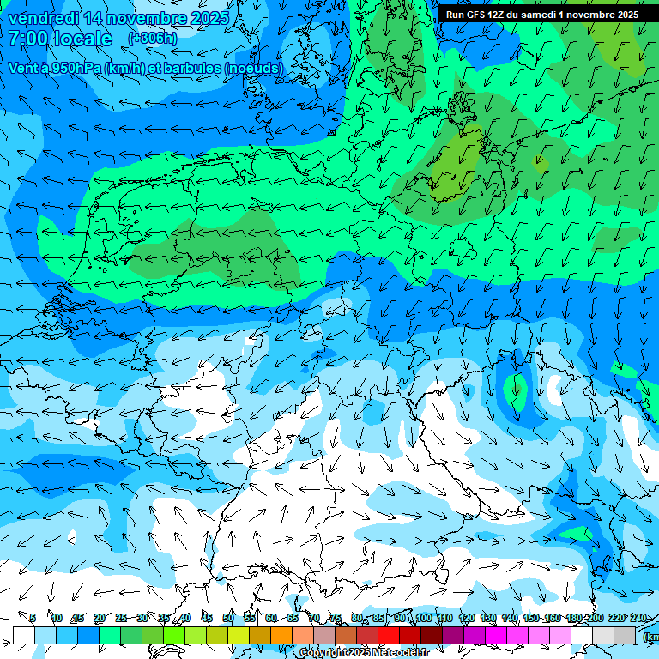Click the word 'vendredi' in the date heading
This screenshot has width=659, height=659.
coord(43,18)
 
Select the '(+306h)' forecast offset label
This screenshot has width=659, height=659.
coord(153,39)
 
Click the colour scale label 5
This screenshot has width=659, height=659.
coord(33,618)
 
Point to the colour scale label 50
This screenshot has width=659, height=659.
coord(228,618)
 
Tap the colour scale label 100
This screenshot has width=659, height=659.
coord(424,618)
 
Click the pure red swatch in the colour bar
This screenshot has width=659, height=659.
coord(389,635)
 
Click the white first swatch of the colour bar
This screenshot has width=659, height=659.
coord(24,635)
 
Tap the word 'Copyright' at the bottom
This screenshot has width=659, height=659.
coord(323,653)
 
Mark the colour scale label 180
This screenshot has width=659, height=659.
coord(574,618)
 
